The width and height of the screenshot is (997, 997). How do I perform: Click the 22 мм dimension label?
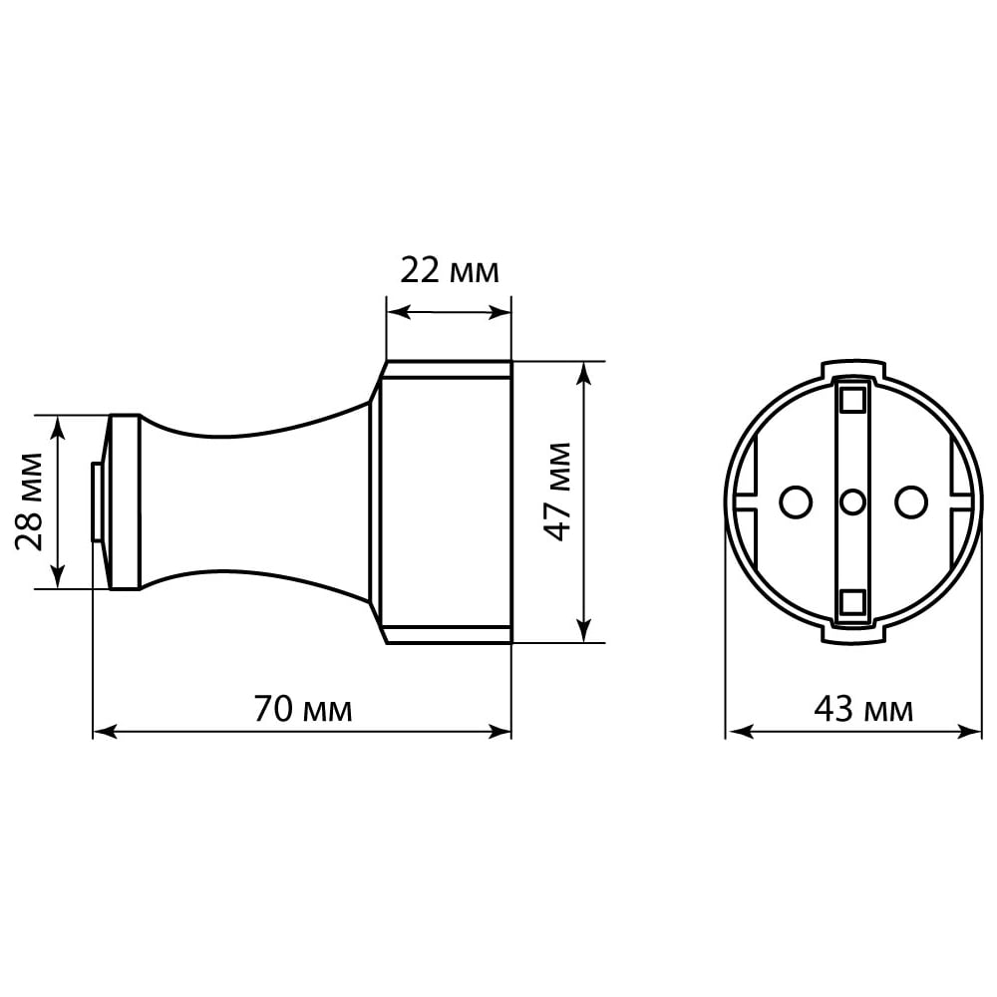[450, 271]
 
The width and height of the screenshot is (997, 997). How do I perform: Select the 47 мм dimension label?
[559, 492]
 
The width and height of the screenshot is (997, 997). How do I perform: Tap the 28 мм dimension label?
[29, 501]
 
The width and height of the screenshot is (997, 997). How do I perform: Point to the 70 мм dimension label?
[303, 709]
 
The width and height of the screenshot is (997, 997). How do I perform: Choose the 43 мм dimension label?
[863, 709]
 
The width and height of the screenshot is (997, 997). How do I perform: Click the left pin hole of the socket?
[796, 502]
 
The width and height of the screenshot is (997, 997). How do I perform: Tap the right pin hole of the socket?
[911, 502]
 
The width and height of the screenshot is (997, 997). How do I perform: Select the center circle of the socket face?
[852, 502]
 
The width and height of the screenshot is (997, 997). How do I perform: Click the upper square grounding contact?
[852, 401]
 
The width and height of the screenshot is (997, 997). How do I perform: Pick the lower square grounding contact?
[852, 602]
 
